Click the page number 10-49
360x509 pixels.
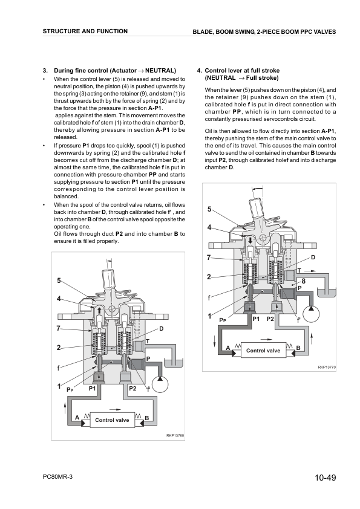tap(325, 478)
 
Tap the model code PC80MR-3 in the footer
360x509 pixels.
tap(57, 476)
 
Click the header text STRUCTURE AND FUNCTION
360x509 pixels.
tap(85, 31)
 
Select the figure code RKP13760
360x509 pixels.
tap(175, 436)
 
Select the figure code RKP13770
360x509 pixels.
tap(327, 367)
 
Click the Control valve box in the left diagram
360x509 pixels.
tap(112, 420)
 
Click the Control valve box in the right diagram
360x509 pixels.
tap(263, 350)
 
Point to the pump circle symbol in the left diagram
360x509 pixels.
tap(160, 384)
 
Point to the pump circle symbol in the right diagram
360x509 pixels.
tap(311, 314)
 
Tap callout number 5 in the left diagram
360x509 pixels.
tap(59, 280)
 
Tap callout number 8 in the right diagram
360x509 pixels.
tap(304, 281)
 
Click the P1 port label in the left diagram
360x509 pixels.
tap(93, 388)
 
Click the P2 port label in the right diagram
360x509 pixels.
tap(270, 319)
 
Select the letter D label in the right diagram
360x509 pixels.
tap(313, 258)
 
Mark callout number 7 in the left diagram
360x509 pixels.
tap(59, 328)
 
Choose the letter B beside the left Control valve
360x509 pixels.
tap(146, 418)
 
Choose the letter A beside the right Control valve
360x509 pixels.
tap(228, 348)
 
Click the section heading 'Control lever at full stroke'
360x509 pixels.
tap(242, 71)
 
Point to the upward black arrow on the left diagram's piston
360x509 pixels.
tap(99, 310)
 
